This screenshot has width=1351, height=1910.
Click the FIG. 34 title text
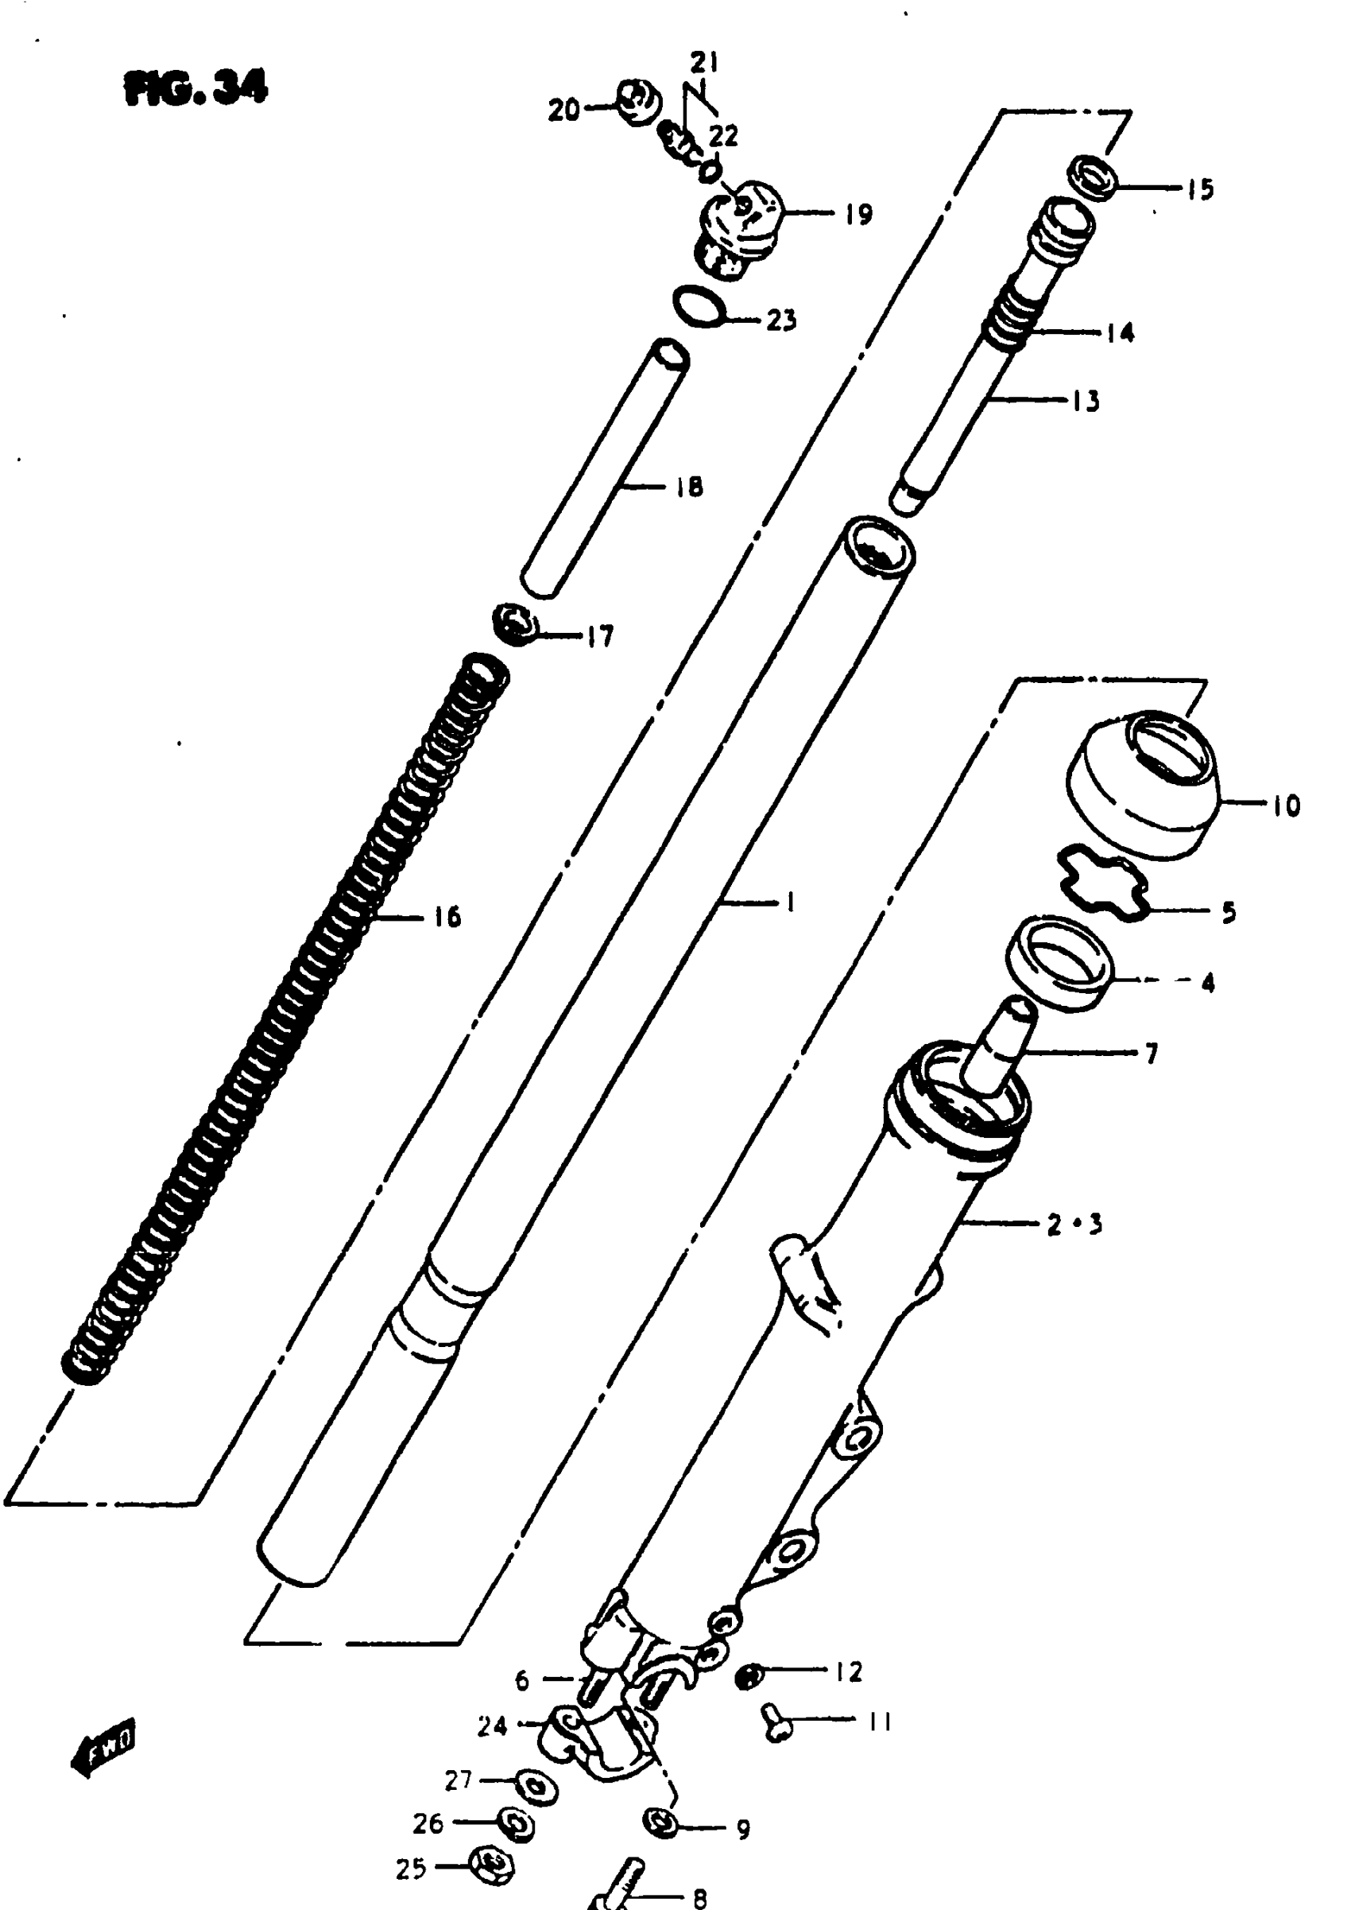[196, 87]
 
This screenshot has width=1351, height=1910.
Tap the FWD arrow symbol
[103, 1745]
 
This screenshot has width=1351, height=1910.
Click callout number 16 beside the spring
[447, 917]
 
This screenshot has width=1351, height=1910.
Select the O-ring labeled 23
[699, 306]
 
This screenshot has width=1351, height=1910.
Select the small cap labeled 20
[638, 102]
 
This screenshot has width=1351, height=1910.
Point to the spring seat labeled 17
[517, 623]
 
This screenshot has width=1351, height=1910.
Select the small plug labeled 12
[749, 1675]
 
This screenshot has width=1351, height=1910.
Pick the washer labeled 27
[536, 1786]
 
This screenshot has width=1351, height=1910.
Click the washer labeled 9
[663, 1823]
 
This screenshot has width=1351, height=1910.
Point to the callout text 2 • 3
[1074, 1225]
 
